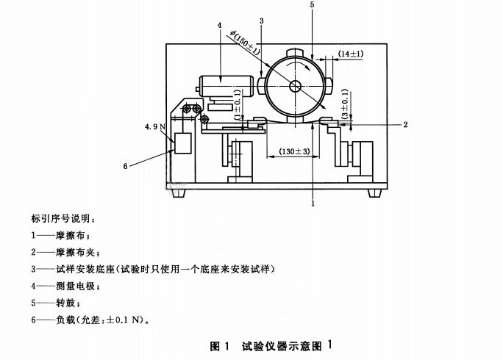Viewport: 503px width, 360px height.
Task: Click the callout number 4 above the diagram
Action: [219, 26]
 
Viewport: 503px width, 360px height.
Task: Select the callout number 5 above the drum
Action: [312, 5]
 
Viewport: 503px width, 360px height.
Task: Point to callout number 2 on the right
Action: [404, 125]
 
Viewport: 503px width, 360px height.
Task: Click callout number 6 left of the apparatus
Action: [125, 167]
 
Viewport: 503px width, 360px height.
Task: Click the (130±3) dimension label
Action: [293, 152]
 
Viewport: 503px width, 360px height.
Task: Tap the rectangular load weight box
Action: [182, 143]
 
